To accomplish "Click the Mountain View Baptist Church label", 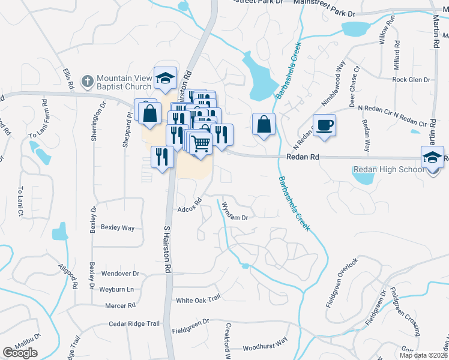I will point(124,84).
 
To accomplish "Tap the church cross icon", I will point(87,80).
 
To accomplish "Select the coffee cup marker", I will point(325,125).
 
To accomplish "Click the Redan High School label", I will point(388,170).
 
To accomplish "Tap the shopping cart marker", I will point(200,143).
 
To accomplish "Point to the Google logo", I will point(20,353).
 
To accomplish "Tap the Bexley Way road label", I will point(118,228).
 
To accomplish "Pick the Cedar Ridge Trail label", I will point(134,324).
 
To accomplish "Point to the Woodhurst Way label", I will point(265,347).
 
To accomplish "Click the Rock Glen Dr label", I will point(411,80).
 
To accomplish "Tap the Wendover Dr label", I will point(120,274).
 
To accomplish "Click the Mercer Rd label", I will point(119,305).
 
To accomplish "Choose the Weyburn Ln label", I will point(118,289).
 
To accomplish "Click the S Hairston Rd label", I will point(168,249).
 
